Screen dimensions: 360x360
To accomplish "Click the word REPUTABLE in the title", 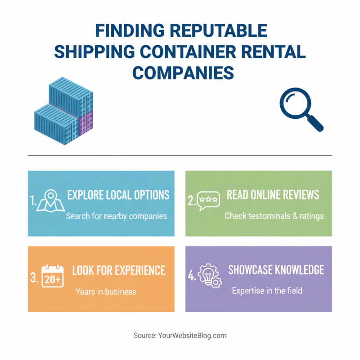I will point(220,31).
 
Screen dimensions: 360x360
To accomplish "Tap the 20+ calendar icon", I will point(53,276).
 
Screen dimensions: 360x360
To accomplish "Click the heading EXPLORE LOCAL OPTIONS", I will point(118,195).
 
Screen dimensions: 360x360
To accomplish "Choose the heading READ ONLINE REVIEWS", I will point(273,194).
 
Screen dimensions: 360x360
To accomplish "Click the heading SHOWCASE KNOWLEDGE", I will point(276,270).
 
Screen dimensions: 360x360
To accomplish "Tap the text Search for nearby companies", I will point(117,216).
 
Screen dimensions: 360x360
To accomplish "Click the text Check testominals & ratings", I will point(274,216).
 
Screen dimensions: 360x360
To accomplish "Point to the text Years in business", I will point(106,292).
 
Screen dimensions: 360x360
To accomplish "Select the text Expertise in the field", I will point(267,291).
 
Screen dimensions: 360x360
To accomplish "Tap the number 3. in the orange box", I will point(34,278).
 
